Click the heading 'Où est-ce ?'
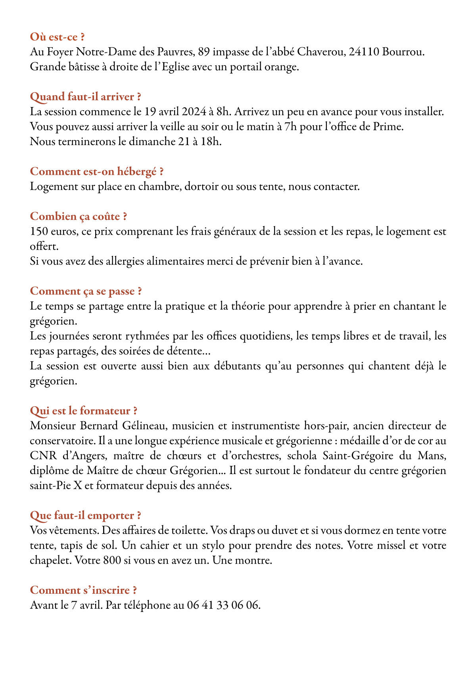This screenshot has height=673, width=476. (x=57, y=37)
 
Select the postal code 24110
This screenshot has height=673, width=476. (x=364, y=52)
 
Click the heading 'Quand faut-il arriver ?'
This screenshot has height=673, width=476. (x=85, y=97)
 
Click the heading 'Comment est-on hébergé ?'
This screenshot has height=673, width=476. (x=97, y=172)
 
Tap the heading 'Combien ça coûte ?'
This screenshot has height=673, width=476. (x=79, y=216)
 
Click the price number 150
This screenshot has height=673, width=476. (x=39, y=231)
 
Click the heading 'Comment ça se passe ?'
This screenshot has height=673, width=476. (x=86, y=291)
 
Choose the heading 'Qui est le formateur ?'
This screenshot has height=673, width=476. (x=83, y=411)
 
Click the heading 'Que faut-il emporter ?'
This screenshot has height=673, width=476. (x=85, y=516)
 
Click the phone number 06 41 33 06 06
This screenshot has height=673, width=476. (x=224, y=606)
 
